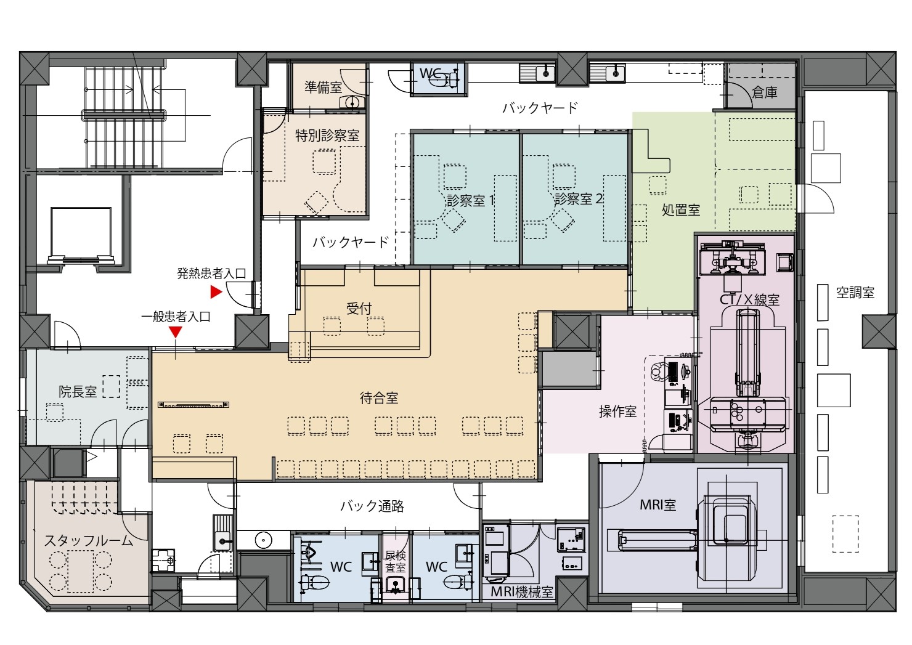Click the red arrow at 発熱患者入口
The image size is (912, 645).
(216, 292)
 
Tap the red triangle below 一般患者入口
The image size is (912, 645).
(176, 332)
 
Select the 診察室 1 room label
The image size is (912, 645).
(470, 200)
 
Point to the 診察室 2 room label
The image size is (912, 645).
(578, 199)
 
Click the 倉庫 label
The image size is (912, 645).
(765, 93)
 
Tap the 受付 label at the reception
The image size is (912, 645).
(359, 309)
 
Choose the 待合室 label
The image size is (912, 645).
(378, 397)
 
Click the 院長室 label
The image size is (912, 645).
(78, 391)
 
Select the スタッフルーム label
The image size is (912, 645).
(88, 541)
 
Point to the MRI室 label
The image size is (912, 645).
(658, 505)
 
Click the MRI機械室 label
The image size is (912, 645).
(522, 591)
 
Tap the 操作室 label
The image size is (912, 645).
(617, 412)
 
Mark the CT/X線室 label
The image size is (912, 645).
(749, 300)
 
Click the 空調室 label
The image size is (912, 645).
(855, 293)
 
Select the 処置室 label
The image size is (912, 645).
(681, 210)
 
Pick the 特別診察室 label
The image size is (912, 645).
(327, 136)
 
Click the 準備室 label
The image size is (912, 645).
(324, 87)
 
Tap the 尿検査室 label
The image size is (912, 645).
(396, 562)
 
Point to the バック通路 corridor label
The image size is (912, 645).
(372, 506)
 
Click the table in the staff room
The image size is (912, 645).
(81, 571)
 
